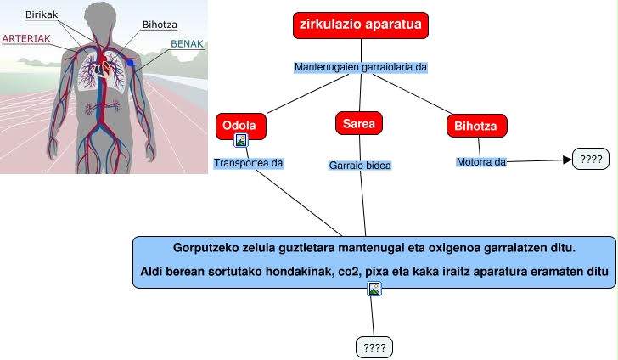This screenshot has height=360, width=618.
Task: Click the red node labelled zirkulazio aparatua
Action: click(361, 25)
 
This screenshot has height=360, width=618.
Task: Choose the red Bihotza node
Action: click(476, 127)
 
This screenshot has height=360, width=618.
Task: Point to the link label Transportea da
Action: click(248, 162)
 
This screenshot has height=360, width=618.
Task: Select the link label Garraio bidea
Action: click(360, 166)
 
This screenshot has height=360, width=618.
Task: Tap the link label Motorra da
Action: click(481, 161)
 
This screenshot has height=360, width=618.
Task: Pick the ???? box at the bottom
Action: click(374, 346)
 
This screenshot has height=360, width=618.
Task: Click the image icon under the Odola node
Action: click(241, 141)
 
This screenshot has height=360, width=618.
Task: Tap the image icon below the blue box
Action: click(374, 290)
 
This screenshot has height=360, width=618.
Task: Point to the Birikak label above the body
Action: click(42, 15)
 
